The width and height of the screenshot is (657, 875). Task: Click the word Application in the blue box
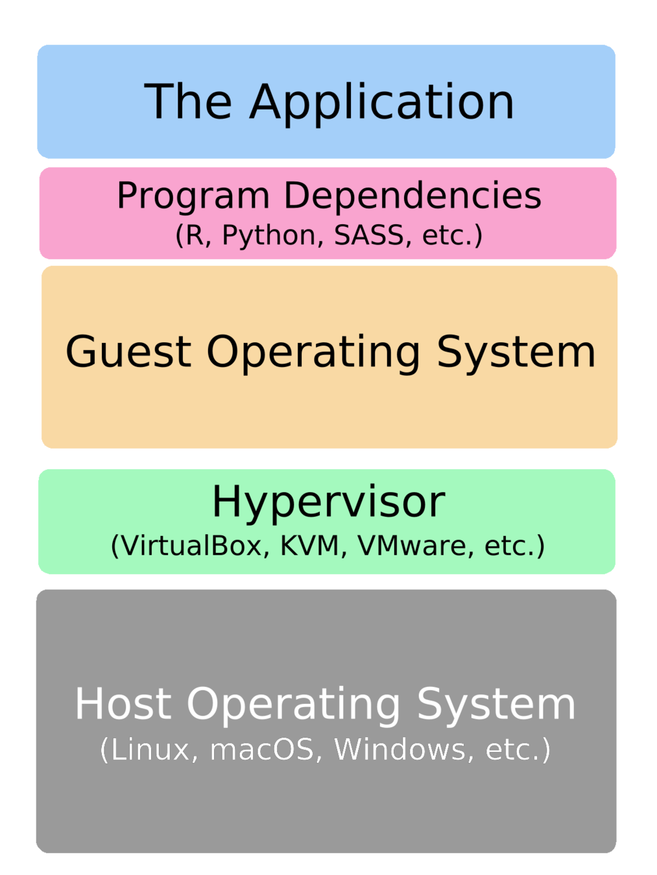[x=382, y=102]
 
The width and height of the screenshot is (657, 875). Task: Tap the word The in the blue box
[x=188, y=102]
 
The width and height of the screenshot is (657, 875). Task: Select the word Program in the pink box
[x=193, y=196]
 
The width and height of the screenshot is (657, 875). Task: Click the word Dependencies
[x=412, y=195]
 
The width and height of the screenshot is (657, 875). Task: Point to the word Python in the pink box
[x=269, y=235]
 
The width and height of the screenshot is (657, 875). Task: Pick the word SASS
[x=369, y=235]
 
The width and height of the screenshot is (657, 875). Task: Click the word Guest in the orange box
[x=128, y=352]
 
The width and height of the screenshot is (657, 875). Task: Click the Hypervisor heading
[x=328, y=502]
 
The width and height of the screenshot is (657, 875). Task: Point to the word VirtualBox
[x=191, y=546]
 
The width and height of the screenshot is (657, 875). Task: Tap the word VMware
[x=412, y=546]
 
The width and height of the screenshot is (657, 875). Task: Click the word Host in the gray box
[x=123, y=704]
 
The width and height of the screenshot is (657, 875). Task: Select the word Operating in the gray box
[x=294, y=705]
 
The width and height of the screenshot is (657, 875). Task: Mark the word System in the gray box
[x=496, y=705]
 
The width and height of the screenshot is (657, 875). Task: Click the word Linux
[x=150, y=750]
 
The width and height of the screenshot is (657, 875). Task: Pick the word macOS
[x=262, y=750]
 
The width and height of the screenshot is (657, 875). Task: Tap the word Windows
[x=400, y=750]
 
